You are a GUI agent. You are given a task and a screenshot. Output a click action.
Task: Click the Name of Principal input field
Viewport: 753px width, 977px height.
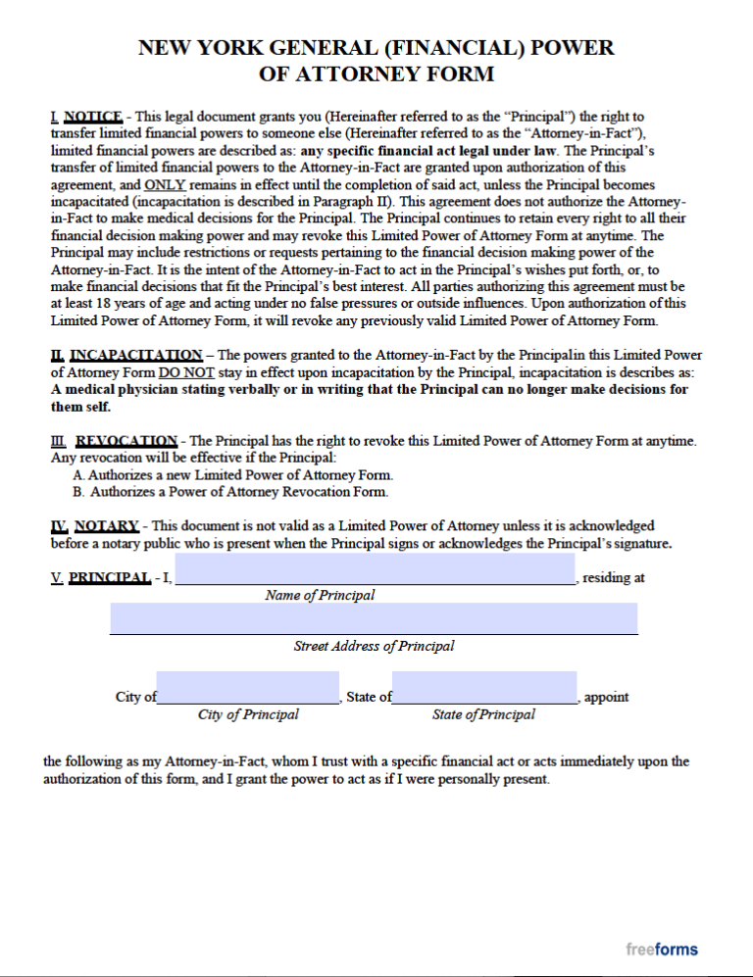375,569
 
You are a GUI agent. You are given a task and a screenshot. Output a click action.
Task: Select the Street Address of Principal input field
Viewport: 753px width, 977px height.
374,618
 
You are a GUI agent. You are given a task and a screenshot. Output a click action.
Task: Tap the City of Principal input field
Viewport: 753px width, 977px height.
247,688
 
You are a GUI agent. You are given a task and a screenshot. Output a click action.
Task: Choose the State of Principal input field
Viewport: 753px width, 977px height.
484,688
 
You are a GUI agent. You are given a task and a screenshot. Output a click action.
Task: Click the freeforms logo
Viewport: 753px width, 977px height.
662,949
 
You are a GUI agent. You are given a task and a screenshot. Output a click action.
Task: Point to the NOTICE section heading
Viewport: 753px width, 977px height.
91,117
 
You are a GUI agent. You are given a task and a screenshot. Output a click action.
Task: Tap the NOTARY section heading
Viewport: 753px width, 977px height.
106,526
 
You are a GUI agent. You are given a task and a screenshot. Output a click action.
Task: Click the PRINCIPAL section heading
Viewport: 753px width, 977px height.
109,578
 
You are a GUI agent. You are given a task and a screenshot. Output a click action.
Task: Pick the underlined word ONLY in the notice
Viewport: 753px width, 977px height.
164,185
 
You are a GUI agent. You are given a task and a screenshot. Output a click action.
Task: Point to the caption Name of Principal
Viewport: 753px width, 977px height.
320,595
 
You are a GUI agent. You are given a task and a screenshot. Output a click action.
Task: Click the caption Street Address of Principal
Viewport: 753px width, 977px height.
374,646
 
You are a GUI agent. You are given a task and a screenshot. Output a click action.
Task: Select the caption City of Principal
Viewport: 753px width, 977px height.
248,714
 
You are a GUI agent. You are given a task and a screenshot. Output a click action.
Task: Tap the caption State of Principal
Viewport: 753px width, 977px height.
483,714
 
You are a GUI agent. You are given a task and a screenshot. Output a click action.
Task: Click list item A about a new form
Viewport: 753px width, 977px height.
226,475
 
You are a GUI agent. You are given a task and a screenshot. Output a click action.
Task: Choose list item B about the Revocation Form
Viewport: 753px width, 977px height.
230,492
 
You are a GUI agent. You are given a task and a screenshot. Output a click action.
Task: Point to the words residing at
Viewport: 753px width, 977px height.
614,578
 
